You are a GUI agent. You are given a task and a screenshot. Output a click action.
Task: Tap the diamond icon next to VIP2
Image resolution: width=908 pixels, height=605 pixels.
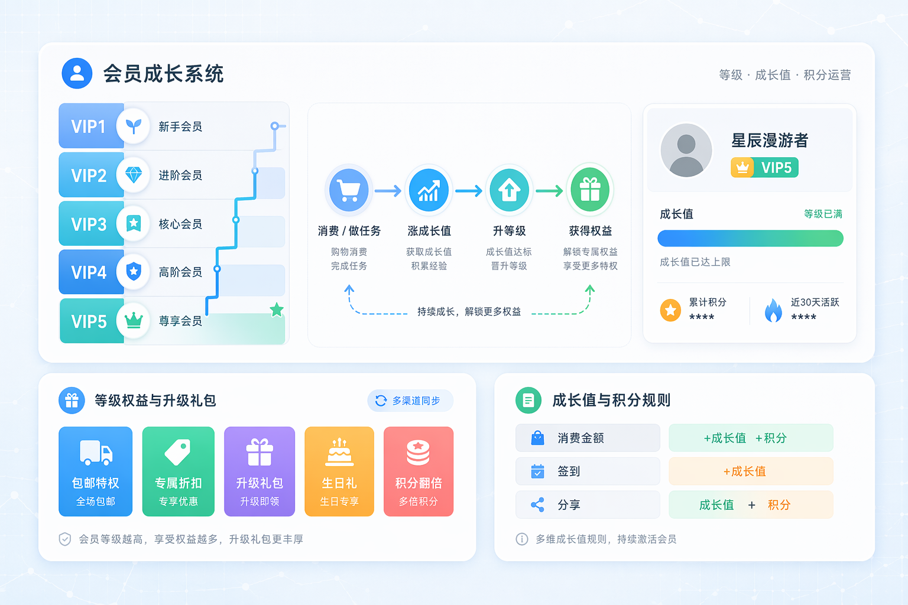pos(134,175)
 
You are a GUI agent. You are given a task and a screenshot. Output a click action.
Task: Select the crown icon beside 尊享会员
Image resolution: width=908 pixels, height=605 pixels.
pos(134,321)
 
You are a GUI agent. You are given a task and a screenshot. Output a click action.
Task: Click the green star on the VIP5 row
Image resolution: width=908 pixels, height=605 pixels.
pos(277,310)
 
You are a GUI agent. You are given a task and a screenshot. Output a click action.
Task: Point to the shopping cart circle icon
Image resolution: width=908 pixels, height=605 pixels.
pos(349,190)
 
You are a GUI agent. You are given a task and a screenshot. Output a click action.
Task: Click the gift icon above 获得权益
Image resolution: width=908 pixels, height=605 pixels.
pos(590,190)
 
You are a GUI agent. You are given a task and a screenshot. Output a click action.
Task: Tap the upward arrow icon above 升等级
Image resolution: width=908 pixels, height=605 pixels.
pos(509,190)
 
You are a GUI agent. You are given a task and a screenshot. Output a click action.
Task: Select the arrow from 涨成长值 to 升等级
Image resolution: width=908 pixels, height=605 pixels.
pos(469,190)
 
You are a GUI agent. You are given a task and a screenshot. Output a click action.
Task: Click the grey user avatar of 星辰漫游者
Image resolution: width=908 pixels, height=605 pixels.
pos(686,150)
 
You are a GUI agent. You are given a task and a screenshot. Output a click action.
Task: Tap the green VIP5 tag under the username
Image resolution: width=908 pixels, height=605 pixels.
pos(764,167)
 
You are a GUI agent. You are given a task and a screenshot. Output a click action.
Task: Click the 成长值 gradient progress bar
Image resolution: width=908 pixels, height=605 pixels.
pos(750,238)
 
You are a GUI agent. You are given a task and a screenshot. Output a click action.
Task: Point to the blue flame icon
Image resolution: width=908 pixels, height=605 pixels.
pos(773,310)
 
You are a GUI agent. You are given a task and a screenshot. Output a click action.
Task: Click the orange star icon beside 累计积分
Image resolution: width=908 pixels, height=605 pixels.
pos(670,310)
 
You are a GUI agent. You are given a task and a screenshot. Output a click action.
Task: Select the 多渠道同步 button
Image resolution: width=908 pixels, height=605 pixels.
pos(410,401)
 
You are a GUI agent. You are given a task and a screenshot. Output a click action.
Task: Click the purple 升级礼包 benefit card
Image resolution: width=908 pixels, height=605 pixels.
pos(260,471)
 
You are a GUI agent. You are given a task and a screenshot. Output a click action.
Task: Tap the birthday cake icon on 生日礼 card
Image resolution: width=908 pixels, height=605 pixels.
pos(339,452)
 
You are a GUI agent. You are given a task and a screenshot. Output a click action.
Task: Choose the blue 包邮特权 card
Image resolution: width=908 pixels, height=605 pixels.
pos(96,471)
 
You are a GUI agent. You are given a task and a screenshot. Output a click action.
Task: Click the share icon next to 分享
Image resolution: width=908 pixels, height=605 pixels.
pos(537,505)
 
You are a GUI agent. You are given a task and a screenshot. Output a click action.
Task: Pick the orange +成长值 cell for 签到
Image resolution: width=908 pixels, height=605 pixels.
pos(751,471)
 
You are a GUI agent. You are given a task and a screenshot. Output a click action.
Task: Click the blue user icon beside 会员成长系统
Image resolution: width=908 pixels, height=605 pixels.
pos(77,73)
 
